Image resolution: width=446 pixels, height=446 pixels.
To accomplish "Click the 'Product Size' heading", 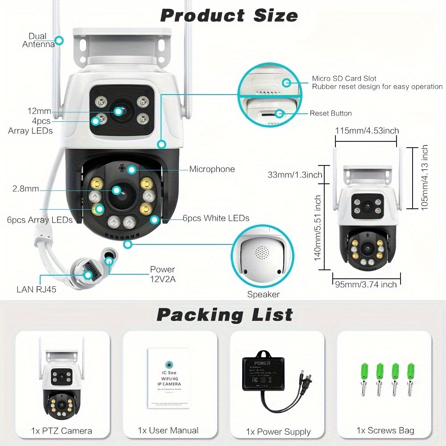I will (x=229, y=16).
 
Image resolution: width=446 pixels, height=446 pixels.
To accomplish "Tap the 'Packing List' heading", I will (x=224, y=315).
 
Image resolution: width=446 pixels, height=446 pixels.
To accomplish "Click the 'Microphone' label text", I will (x=212, y=169).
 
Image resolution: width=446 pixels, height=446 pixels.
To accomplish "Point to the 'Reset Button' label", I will (x=330, y=113).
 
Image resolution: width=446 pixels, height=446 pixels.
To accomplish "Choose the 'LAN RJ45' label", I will (x=37, y=289).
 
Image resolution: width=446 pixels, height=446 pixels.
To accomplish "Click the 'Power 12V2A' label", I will (x=162, y=273).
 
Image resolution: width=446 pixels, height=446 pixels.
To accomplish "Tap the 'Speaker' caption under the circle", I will (x=263, y=294).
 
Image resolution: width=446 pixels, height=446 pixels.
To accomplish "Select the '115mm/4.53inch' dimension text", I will (x=367, y=130).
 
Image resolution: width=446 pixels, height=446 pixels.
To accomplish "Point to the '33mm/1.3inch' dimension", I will (x=301, y=174).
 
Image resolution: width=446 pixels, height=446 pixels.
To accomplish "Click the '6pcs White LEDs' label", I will (x=216, y=218).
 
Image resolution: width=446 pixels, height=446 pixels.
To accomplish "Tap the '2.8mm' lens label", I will (x=26, y=189).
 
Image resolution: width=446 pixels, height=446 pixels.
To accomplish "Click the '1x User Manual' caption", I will (x=168, y=430).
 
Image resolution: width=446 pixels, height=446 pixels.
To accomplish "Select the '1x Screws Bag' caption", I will (x=385, y=430).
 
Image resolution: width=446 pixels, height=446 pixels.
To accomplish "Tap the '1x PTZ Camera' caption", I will (x=62, y=431).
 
